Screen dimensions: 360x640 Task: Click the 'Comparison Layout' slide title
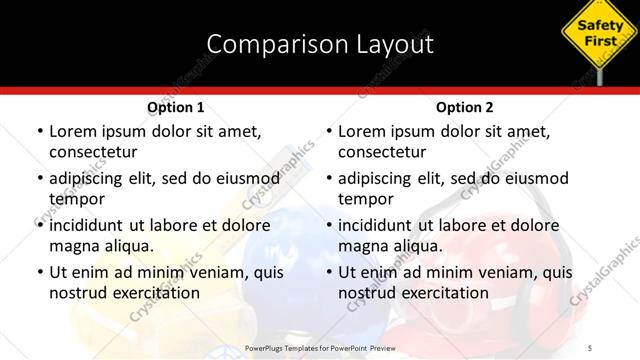click(x=320, y=44)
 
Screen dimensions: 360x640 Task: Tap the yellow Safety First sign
click(x=601, y=31)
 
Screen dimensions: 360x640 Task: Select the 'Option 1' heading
click(x=176, y=107)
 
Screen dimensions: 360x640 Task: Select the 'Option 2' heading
click(x=465, y=107)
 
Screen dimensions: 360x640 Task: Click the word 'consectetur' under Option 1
click(x=93, y=152)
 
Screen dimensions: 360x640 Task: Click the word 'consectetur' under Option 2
click(x=383, y=152)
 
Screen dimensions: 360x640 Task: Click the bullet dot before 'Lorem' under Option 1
click(x=39, y=131)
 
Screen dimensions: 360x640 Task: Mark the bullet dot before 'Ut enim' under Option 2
click(x=329, y=272)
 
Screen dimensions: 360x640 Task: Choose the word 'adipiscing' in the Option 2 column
click(x=382, y=178)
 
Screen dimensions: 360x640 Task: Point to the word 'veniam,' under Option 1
click(x=207, y=271)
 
